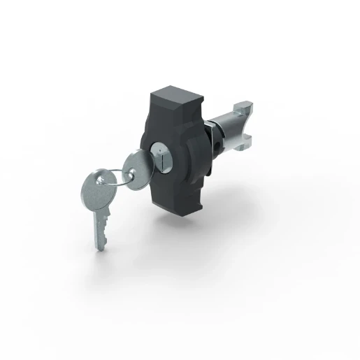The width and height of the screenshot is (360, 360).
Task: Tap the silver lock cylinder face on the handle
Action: pyautogui.click(x=159, y=158)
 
